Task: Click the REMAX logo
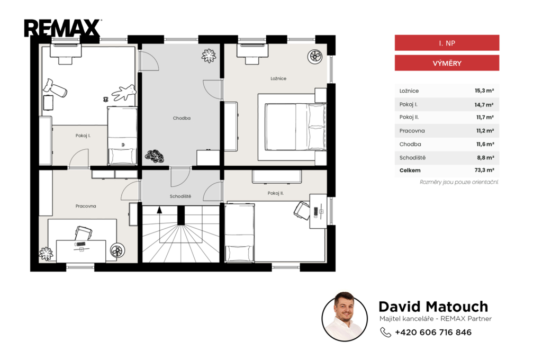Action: pos(62,28)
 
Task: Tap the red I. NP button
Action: pos(447,43)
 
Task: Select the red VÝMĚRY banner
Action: pos(447,64)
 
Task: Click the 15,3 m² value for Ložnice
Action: pos(484,91)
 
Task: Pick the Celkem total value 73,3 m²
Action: pos(484,170)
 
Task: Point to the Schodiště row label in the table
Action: pos(412,158)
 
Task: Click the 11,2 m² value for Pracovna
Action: pos(485,131)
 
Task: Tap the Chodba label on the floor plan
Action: pos(182,118)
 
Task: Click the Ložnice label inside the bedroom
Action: pos(278,78)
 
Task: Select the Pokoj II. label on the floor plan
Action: pos(275,193)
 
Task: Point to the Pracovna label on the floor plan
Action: pos(86,206)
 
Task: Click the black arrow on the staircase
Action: pos(159,210)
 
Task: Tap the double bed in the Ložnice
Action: pos(292,127)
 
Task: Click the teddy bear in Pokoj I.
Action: pos(123,93)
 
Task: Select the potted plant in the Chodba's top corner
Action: pos(209,56)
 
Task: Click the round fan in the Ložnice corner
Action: pos(315,56)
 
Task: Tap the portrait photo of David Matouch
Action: pos(344,317)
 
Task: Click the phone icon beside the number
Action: pos(385,332)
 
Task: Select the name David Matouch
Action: pos(433,307)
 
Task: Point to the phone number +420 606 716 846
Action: pos(433,332)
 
